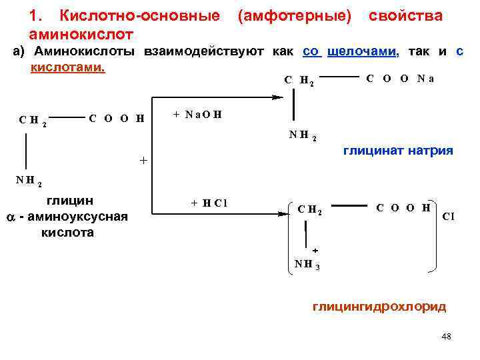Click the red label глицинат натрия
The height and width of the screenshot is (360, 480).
(x=398, y=151)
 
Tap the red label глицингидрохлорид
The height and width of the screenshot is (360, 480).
(x=379, y=307)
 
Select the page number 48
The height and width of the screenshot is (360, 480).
(x=446, y=337)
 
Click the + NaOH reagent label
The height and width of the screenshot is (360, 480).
(x=197, y=114)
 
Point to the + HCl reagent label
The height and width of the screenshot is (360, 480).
(x=209, y=203)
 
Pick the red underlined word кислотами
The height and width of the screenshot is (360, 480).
(x=68, y=69)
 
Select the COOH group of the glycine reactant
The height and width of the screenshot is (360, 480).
(x=117, y=119)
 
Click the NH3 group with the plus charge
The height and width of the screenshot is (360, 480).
(x=307, y=263)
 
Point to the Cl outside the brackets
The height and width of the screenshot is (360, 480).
(x=449, y=217)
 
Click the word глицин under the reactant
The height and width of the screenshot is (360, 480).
(x=69, y=201)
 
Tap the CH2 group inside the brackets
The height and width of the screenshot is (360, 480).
(x=309, y=211)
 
